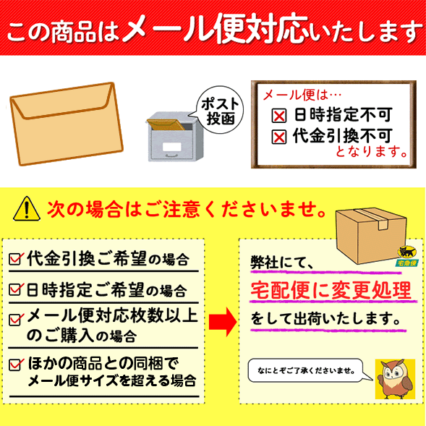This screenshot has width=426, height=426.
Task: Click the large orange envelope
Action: [67, 124]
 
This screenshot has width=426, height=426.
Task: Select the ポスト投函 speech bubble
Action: [220, 110]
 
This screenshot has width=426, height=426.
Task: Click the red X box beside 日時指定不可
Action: [279, 116]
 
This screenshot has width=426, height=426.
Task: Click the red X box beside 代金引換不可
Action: [279, 137]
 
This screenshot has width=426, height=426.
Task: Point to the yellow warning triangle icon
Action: [27, 208]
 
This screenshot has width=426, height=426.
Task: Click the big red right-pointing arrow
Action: [223, 323]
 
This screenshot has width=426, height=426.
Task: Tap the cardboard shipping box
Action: [371, 236]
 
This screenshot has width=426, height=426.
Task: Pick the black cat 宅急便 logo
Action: [406, 256]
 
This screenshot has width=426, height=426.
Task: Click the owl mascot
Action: [396, 379]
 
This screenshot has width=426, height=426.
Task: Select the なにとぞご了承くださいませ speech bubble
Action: [310, 370]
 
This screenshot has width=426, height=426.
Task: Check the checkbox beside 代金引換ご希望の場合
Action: [16, 259]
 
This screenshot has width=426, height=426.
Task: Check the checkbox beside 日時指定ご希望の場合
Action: [16, 289]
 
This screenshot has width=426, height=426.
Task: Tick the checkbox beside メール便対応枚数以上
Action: [16, 320]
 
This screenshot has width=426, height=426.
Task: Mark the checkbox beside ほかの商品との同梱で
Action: [16, 365]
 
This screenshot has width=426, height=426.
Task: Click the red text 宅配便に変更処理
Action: [331, 291]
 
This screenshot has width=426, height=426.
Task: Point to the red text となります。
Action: [372, 151]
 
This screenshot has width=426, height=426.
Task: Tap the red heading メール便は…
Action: [302, 95]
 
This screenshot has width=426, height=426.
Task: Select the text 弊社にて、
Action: [282, 263]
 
